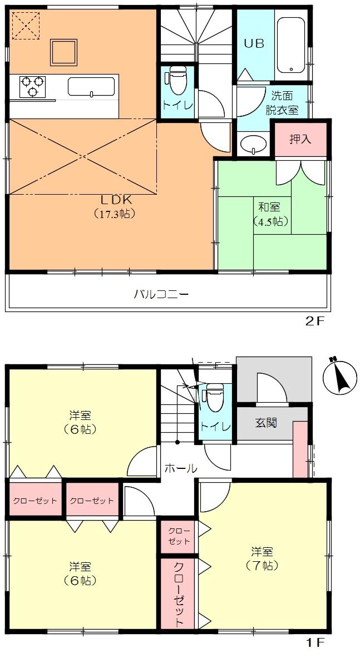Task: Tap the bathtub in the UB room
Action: coord(290,44)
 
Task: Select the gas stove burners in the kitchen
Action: coord(32,86)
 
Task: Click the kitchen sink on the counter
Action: coord(91,87)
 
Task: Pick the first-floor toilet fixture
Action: coord(214,398)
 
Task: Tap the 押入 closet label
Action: coord(300,138)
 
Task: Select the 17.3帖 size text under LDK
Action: coord(115,213)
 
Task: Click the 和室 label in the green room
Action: coord(269,207)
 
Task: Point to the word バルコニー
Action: coord(161,294)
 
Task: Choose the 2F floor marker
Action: coord(314,321)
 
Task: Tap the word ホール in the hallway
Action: coord(180,468)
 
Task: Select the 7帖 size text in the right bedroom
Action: coord(262,566)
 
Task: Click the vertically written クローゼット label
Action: coord(179,594)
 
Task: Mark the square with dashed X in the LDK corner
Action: coord(26,25)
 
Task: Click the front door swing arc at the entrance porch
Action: coord(271,387)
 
